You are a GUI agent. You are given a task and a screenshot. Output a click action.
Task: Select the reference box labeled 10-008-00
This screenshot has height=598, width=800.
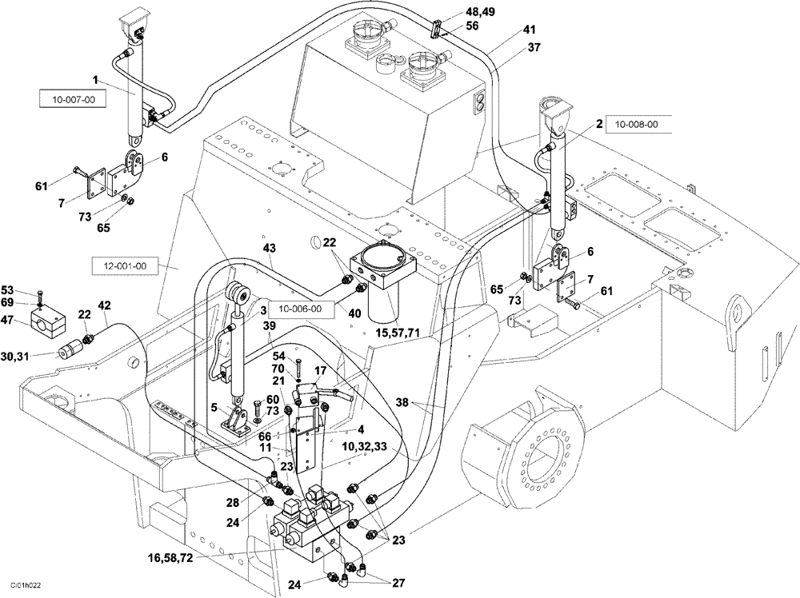pos(637,124)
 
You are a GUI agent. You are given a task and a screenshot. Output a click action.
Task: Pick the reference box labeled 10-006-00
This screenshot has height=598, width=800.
pos(301,309)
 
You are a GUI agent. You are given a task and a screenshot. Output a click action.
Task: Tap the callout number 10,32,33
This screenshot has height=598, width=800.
pos(365,445)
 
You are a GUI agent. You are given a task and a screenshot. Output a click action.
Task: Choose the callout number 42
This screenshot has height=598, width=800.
pos(104,305)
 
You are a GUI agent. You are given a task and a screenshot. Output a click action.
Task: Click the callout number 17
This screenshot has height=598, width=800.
pos(319,371)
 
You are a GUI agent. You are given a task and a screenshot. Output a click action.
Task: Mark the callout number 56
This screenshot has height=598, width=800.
pos(473,26)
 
